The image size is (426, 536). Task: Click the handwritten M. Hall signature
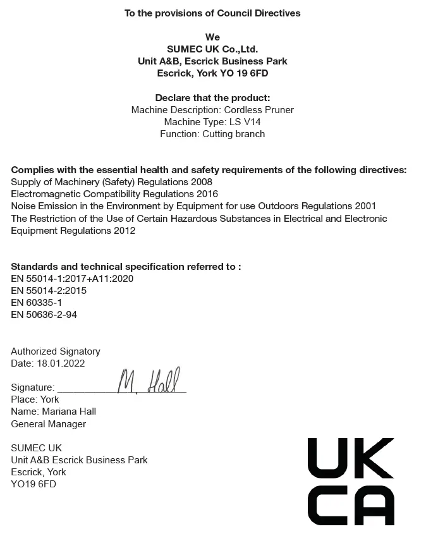coord(149,381)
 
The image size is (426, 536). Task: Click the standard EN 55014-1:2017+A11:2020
coord(72,279)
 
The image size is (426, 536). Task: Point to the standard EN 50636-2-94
coord(44,315)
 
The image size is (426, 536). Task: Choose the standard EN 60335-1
coord(37,303)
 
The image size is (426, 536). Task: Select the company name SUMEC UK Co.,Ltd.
coord(212,49)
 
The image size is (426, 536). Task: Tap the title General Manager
coord(49,424)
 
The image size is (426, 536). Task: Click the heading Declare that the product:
coord(212,98)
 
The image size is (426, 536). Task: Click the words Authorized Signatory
coord(56,351)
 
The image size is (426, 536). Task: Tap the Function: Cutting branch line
coord(212,134)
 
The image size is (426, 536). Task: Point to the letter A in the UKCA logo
coord(373,505)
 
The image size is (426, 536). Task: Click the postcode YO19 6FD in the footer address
coord(33,484)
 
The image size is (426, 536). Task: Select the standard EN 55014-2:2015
coord(49,291)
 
